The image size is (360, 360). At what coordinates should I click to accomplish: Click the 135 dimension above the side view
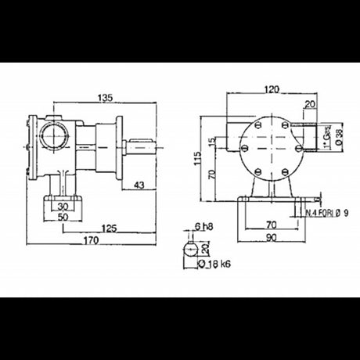click(x=106, y=98)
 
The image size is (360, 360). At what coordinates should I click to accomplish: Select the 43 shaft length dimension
click(x=139, y=185)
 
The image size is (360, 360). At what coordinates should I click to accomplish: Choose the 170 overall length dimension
click(x=92, y=241)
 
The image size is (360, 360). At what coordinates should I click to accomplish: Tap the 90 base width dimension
click(x=271, y=238)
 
